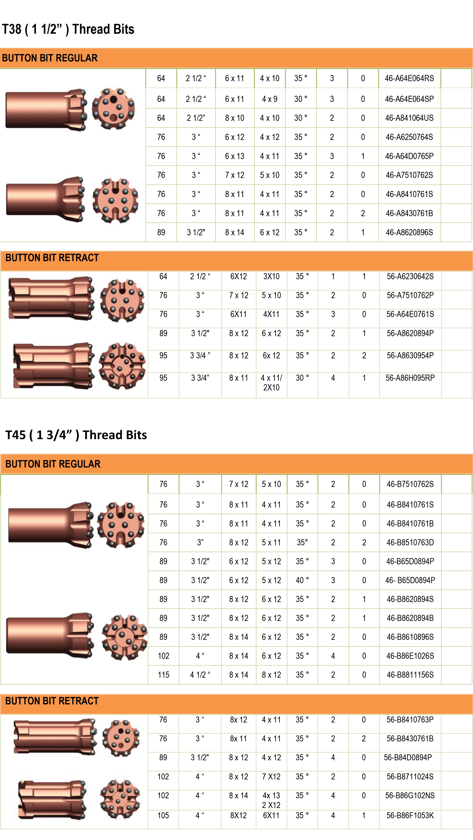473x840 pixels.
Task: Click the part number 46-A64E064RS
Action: tap(409, 78)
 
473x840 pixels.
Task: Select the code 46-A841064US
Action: tap(409, 118)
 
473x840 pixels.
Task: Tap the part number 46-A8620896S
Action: tap(409, 233)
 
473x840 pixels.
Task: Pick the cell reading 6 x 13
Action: tap(234, 156)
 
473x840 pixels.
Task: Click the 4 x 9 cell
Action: tap(270, 99)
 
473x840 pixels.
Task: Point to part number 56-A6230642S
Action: tap(410, 277)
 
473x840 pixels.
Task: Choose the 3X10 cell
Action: tap(271, 277)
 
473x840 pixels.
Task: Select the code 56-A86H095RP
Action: tap(410, 378)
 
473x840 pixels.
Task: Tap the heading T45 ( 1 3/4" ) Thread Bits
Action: tap(76, 435)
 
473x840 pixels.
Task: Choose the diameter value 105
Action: tap(163, 816)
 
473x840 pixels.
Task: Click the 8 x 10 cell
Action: tap(234, 118)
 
